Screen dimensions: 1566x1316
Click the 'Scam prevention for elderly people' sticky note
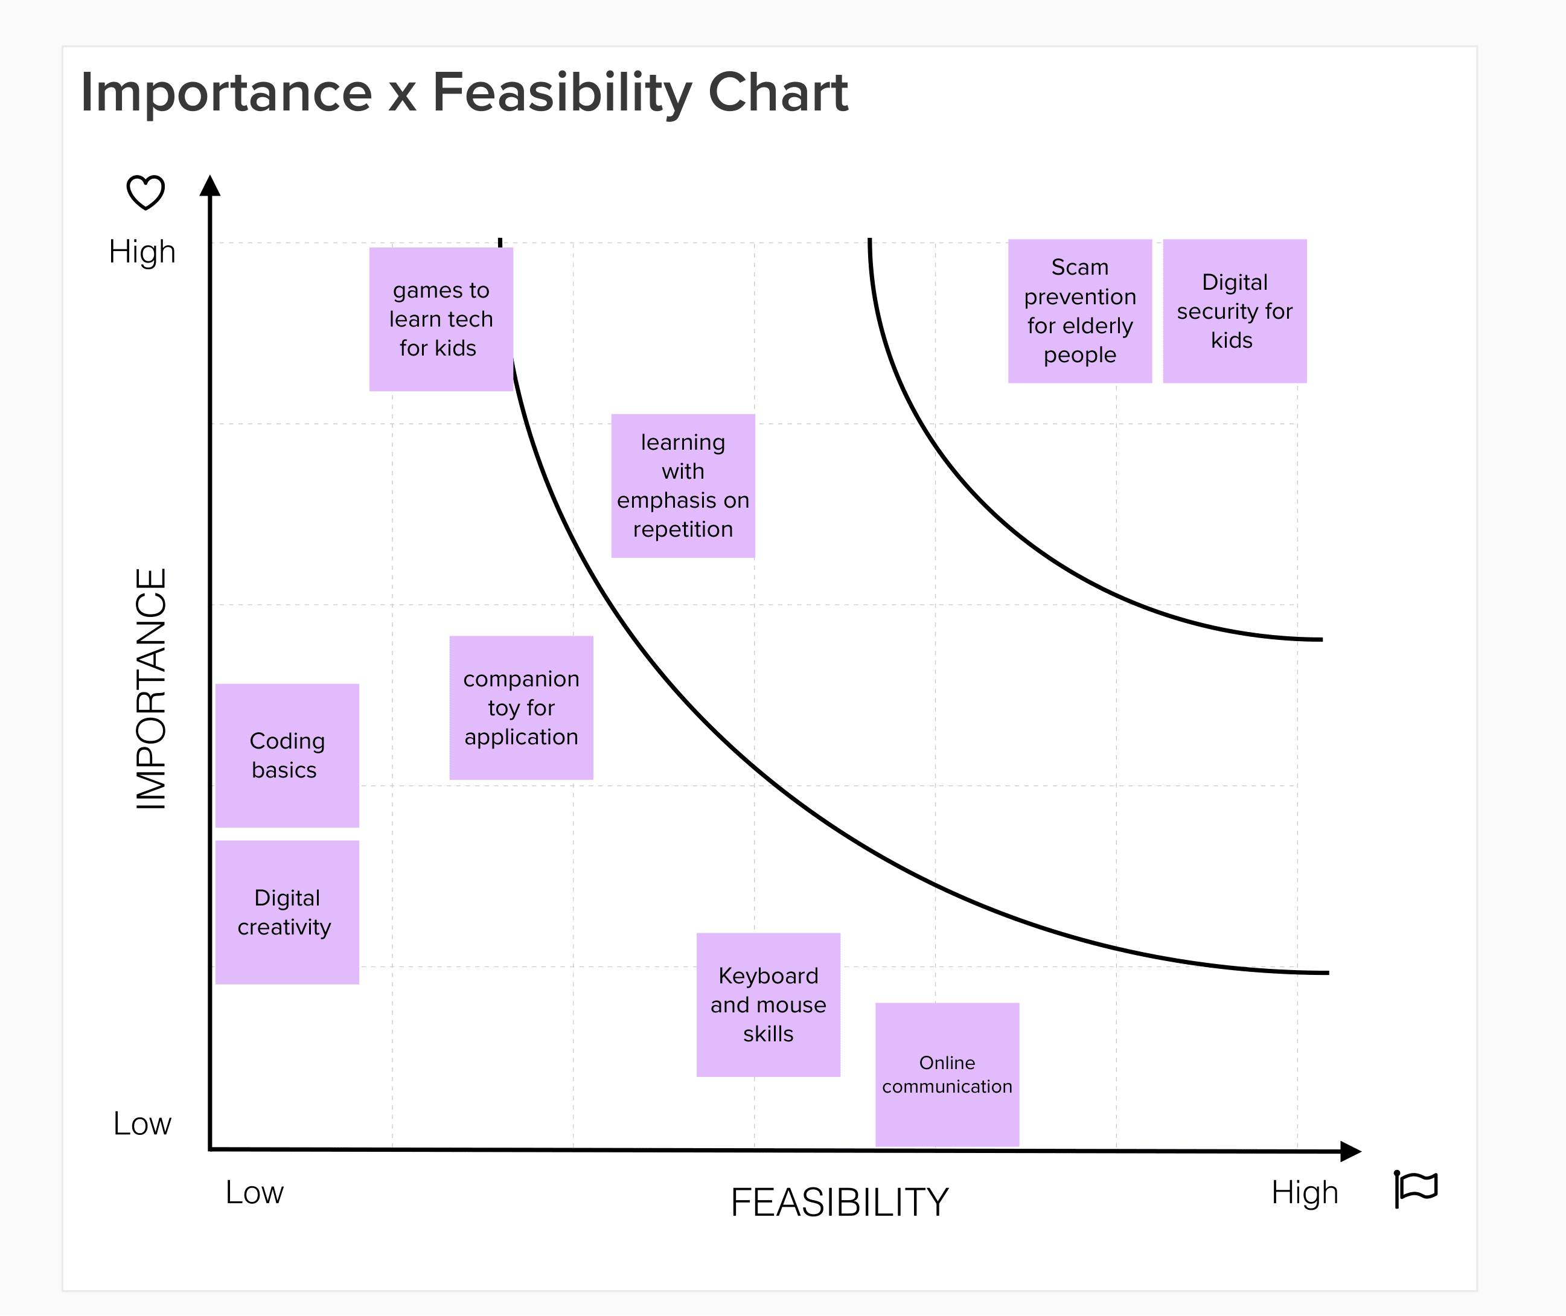(1079, 311)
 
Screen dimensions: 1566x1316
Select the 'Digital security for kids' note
(1235, 311)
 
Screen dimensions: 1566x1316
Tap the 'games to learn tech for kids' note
(441, 319)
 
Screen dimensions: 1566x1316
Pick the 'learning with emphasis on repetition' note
(683, 486)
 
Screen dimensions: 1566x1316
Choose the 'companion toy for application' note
(521, 708)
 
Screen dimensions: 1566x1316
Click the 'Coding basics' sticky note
(287, 756)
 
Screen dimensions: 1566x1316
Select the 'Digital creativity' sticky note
(287, 912)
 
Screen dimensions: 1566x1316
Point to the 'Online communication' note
(947, 1075)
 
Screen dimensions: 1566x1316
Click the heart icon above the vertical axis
(145, 193)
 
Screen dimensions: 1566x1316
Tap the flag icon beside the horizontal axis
(1415, 1189)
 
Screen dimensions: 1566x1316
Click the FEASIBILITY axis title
(839, 1203)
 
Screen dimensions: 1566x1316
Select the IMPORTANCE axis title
(151, 689)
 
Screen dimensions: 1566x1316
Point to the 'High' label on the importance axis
(142, 252)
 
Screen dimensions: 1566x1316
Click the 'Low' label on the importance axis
(142, 1123)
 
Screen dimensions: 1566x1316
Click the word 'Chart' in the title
(778, 92)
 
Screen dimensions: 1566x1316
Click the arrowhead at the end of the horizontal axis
(1351, 1151)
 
